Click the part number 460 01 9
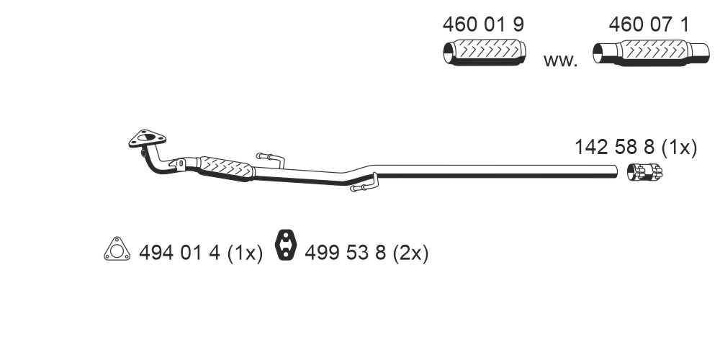click(483, 24)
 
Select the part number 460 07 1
click(649, 24)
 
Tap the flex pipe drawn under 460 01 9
click(485, 53)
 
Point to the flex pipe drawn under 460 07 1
click(651, 53)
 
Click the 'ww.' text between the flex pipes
click(560, 60)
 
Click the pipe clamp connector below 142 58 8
click(644, 172)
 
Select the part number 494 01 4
click(179, 253)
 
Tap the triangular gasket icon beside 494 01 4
click(117, 249)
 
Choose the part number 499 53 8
click(346, 253)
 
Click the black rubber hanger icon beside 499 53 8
click(286, 244)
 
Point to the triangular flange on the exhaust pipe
click(147, 138)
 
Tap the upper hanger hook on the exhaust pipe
click(271, 159)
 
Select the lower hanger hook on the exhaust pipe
click(364, 183)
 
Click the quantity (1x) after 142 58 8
click(679, 148)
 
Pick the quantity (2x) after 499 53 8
click(410, 253)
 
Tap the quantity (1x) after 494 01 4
click(245, 253)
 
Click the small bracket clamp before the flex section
click(179, 164)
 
